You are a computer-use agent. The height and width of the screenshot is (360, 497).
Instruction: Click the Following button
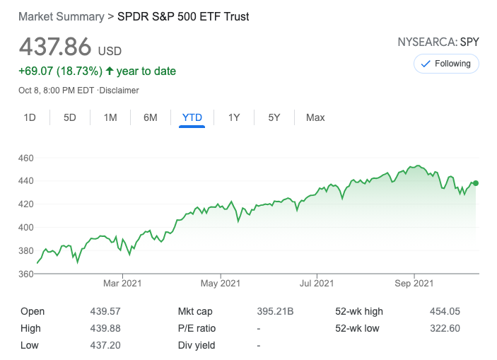pos(446,64)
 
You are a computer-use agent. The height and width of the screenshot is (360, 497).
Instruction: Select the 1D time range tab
pos(30,117)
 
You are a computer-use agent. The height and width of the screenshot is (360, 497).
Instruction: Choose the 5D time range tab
pos(70,117)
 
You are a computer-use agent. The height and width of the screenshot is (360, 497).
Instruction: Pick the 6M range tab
pos(151,117)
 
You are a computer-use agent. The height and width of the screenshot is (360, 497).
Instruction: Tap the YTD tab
pos(192,117)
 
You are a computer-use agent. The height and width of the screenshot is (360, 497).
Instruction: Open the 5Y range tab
pos(274,117)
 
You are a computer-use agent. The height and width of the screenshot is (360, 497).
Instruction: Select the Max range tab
pos(315,117)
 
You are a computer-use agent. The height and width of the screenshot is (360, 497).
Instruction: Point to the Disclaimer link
pos(119,91)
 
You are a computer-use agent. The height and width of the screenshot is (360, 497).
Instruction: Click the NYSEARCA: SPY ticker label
pos(438,42)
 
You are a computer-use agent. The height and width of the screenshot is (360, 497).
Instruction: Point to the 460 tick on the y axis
pos(27,158)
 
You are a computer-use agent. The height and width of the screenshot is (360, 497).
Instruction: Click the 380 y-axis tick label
pos(27,250)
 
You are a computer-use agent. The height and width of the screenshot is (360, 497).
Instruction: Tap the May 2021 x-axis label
pos(220,284)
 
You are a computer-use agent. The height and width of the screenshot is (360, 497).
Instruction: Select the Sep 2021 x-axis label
pos(414,284)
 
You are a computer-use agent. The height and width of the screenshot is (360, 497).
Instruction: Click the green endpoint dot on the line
pos(475,183)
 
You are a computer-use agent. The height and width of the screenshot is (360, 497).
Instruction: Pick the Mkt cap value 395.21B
pos(275,311)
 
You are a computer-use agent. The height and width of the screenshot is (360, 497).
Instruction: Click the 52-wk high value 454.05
pos(445,311)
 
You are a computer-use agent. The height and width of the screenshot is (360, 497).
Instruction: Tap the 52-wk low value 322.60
pos(445,328)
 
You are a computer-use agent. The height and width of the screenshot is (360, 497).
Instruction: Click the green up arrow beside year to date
pos(109,71)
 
